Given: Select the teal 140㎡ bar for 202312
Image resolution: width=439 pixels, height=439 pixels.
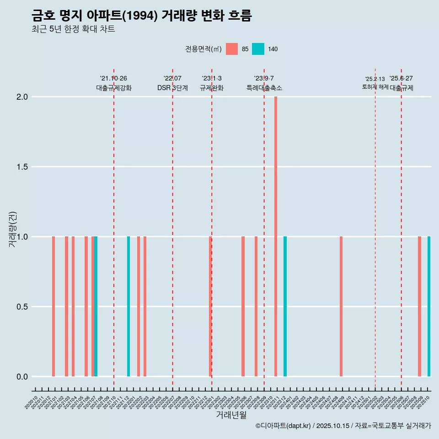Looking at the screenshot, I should click(x=285, y=306).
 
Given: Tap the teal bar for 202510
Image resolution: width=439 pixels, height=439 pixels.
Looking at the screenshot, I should click(x=429, y=306).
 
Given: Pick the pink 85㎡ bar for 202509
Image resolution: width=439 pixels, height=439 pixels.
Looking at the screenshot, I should click(x=419, y=306).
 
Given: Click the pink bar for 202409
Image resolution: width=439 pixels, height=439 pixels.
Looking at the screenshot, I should click(x=341, y=306).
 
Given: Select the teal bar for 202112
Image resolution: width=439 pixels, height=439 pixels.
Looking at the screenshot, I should click(x=128, y=306).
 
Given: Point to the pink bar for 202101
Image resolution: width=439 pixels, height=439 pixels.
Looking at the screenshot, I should click(x=54, y=306).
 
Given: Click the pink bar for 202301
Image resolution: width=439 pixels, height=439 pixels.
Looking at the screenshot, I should click(x=210, y=306).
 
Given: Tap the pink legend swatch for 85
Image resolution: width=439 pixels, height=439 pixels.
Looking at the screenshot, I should click(x=232, y=49).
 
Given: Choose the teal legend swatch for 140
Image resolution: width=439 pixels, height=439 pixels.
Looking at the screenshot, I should click(x=258, y=49).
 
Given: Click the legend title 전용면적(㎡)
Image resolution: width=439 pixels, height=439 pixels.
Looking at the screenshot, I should click(x=203, y=49).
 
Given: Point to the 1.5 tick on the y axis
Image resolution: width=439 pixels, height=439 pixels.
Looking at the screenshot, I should click(x=21, y=167).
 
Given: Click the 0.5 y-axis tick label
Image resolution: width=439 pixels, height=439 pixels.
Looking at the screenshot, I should click(x=21, y=307).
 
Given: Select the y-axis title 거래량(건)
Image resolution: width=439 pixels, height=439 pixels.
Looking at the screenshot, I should click(x=12, y=229).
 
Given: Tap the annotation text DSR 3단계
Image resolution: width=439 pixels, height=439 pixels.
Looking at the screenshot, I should click(x=173, y=88).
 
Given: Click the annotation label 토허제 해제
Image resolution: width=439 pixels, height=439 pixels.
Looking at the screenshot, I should click(x=375, y=87).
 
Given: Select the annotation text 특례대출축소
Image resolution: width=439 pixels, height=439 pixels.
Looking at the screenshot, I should click(x=264, y=88).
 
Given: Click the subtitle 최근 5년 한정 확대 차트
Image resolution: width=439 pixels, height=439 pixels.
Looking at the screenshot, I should click(x=73, y=29).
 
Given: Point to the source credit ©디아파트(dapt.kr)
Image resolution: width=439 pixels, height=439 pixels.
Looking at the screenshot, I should click(x=283, y=426).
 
